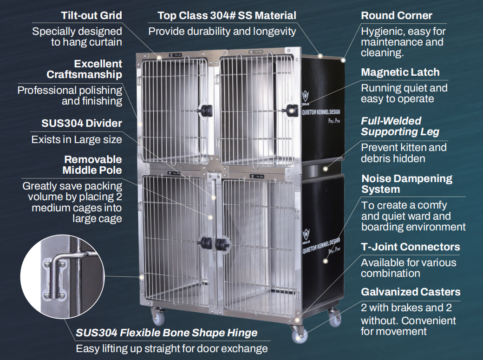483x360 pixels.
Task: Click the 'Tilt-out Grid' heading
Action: [x=91, y=15]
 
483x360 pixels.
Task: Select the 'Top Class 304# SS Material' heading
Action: [x=227, y=15]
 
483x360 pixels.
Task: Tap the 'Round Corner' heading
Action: [x=397, y=15]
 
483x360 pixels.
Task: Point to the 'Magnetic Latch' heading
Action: [x=400, y=72]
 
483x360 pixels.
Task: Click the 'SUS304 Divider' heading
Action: [x=82, y=123]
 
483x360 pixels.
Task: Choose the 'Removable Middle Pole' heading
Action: [x=92, y=165]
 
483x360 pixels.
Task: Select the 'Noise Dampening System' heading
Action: [x=407, y=183]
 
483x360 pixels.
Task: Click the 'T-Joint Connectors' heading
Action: [x=410, y=247]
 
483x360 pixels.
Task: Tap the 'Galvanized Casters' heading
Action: [x=411, y=292]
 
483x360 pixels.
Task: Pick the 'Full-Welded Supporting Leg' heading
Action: [x=400, y=126]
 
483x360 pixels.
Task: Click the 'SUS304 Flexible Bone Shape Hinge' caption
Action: [x=167, y=333]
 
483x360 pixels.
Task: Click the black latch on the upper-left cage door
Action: [x=206, y=111]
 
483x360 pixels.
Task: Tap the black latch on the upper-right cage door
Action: [x=291, y=110]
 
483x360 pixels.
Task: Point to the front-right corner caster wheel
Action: [x=299, y=334]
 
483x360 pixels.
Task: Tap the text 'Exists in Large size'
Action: [x=77, y=140]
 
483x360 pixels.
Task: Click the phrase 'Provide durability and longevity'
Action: [x=222, y=32]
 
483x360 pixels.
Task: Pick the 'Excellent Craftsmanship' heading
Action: [x=85, y=69]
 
